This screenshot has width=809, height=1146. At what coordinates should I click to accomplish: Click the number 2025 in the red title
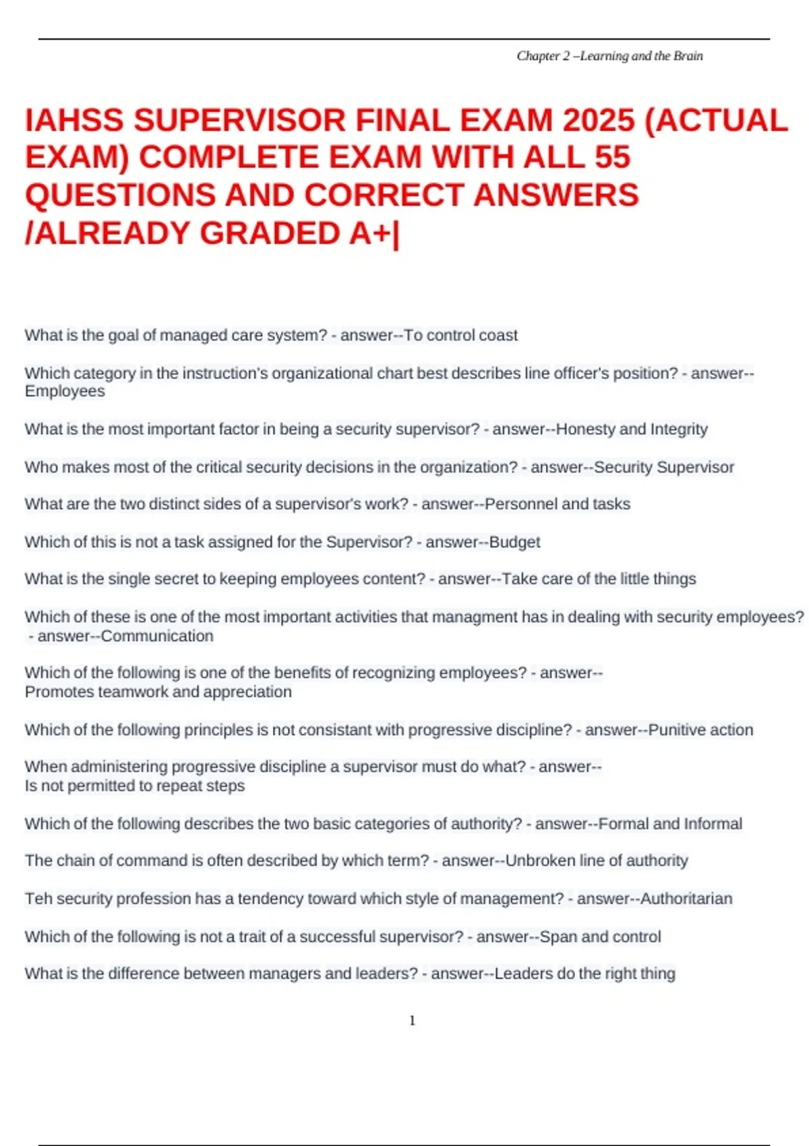click(599, 121)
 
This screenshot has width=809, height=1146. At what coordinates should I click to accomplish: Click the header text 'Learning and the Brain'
click(641, 56)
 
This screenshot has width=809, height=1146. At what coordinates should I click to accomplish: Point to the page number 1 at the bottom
click(412, 1021)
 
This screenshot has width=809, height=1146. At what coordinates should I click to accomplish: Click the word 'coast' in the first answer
click(499, 335)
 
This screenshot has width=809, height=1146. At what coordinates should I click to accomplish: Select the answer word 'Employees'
click(65, 391)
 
